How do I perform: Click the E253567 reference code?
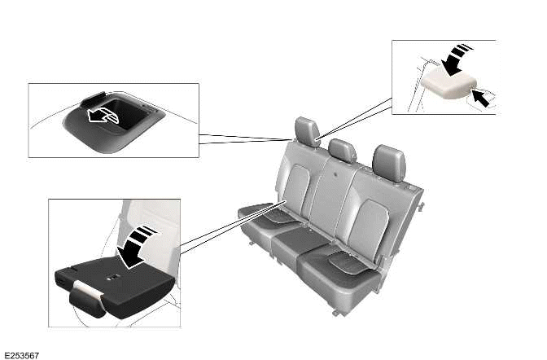tap(22, 354)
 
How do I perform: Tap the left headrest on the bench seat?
tap(307, 131)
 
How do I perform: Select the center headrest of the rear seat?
tap(342, 151)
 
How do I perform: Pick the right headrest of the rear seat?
tap(388, 160)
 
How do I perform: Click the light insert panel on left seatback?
tap(296, 184)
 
